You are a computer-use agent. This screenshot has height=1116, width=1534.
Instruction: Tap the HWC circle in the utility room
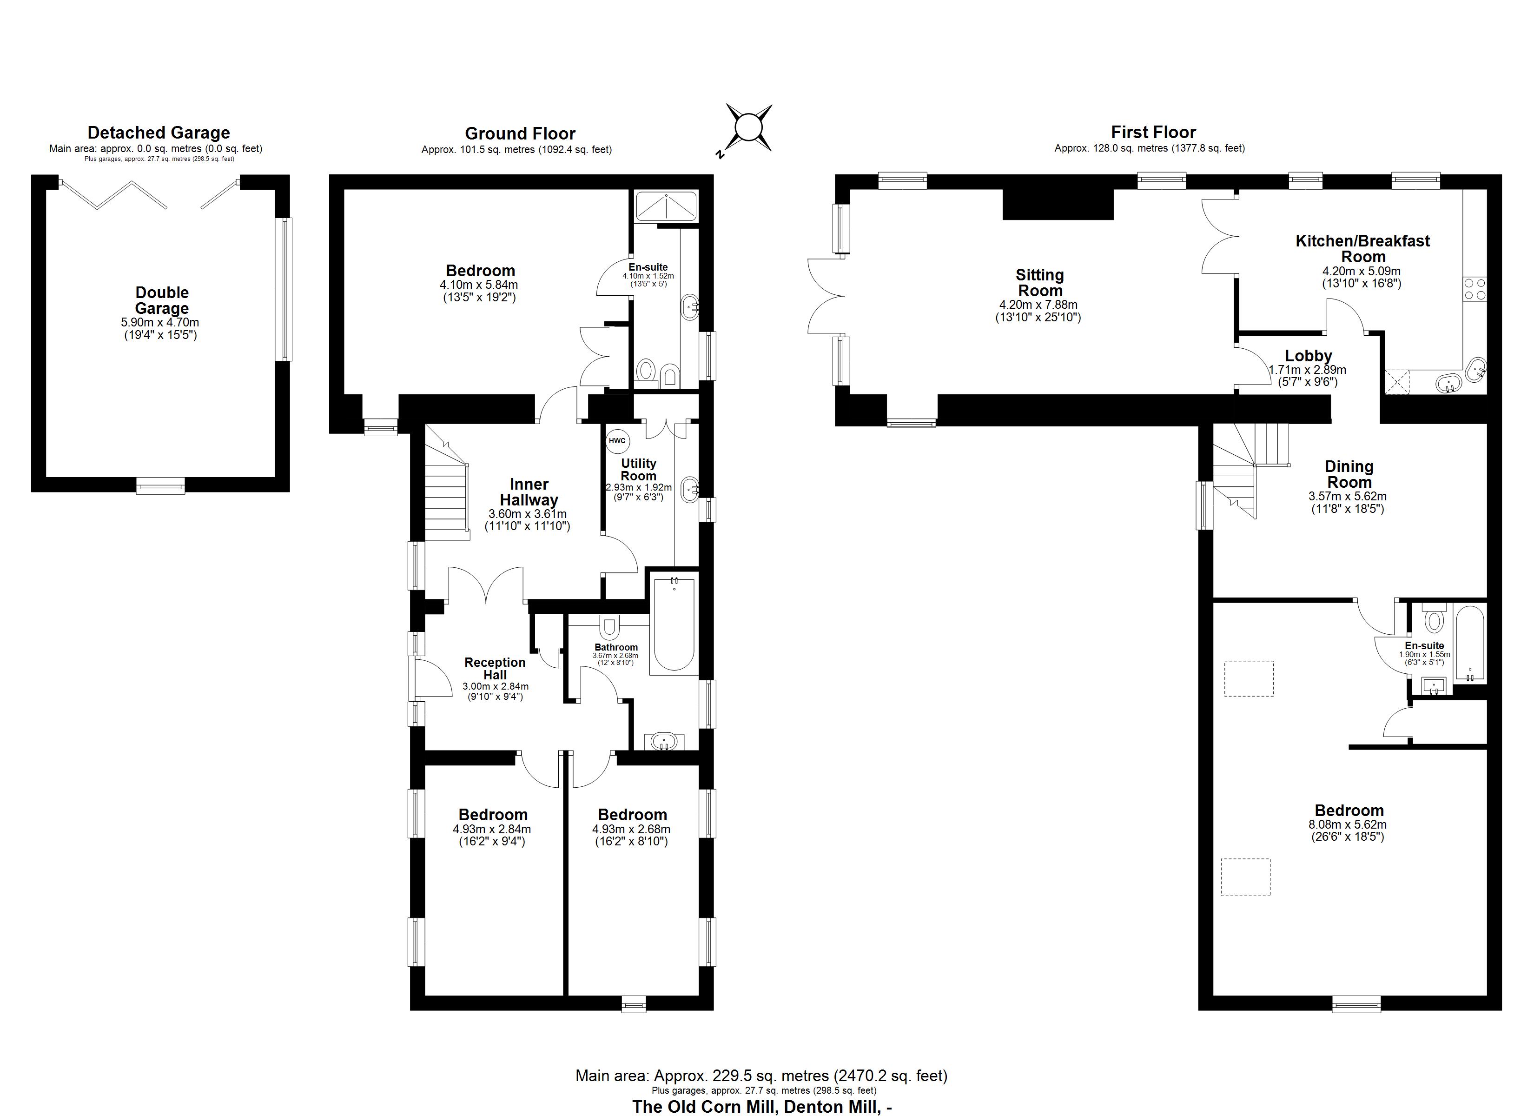(x=617, y=440)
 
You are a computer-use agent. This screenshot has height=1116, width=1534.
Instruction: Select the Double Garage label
(x=162, y=300)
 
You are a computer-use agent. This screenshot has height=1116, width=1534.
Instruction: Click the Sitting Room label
(x=1039, y=283)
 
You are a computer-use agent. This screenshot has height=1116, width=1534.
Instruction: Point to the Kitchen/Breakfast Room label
(x=1362, y=248)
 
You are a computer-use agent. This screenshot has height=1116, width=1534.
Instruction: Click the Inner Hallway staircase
(x=446, y=494)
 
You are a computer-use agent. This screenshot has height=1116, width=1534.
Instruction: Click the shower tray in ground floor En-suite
(x=666, y=206)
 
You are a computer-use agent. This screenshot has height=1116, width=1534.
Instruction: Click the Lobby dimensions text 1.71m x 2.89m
(x=1308, y=370)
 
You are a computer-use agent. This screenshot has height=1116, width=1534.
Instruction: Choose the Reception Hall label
(x=495, y=669)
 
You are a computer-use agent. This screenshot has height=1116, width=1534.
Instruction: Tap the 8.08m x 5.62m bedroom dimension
(x=1348, y=824)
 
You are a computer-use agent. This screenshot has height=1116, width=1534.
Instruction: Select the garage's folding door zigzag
(x=113, y=193)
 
